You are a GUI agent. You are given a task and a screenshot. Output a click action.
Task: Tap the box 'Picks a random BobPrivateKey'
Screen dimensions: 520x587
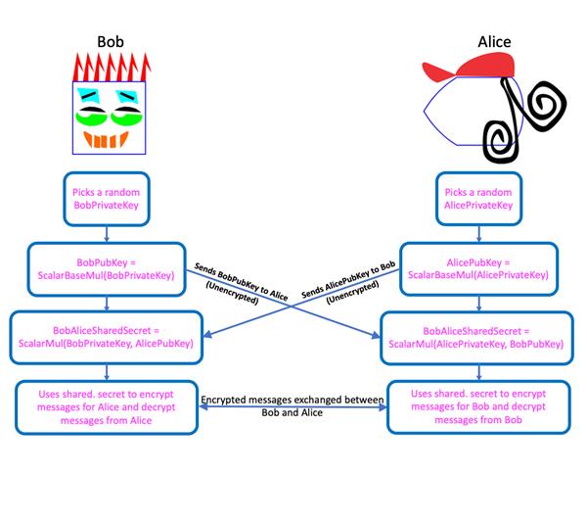(x=106, y=197)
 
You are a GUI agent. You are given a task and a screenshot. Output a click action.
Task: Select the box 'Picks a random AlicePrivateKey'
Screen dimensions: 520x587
(x=479, y=197)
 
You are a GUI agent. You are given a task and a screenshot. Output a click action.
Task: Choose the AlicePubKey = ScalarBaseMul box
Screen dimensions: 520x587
(x=479, y=268)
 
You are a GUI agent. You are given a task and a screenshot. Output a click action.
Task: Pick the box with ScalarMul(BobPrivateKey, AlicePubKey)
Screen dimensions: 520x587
(x=106, y=336)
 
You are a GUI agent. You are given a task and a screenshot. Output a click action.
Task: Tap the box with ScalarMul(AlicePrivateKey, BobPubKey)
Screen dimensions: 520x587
(x=479, y=337)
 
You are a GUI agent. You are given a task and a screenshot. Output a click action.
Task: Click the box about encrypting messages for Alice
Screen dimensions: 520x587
(x=105, y=404)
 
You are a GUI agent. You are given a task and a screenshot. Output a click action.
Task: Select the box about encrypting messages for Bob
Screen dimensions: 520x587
(x=479, y=405)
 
